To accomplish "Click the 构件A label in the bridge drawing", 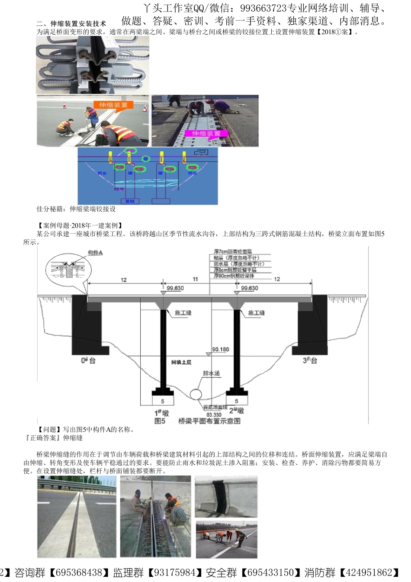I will [x=95, y=253].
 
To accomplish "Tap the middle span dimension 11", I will [x=195, y=279].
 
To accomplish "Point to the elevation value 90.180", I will [x=221, y=349].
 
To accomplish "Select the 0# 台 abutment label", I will [x=88, y=360].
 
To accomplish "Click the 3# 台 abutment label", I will [x=310, y=360].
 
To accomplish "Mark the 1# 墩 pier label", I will [x=162, y=412].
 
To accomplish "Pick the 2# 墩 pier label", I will [x=237, y=410].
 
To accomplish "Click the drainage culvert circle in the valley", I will [x=196, y=394].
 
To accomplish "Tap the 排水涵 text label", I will [x=212, y=373].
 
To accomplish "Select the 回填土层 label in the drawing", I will [x=181, y=362].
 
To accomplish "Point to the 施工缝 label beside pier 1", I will [x=183, y=313].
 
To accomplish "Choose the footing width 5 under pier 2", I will [x=236, y=401].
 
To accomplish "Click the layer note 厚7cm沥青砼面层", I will [x=233, y=251].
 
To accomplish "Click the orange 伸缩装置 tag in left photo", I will [x=113, y=105].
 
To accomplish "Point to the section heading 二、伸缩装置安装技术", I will [x=71, y=24].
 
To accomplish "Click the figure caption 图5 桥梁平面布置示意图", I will [x=198, y=421].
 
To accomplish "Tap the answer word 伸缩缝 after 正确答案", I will [x=73, y=438].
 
